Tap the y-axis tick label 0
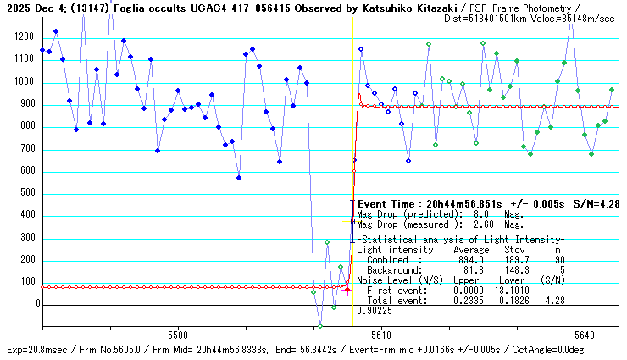tap(36, 303)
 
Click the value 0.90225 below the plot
tap(375, 311)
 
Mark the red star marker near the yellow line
tap(347, 290)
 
